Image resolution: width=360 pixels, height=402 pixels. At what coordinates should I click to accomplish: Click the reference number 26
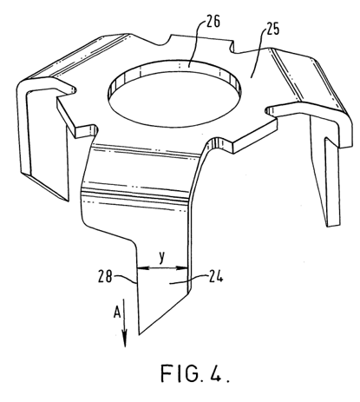click(213, 21)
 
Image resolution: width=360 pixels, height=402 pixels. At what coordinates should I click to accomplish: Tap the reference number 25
click(272, 29)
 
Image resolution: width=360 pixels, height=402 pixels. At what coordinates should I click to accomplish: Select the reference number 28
click(105, 276)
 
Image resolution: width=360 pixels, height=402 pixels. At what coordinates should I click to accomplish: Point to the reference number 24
click(216, 277)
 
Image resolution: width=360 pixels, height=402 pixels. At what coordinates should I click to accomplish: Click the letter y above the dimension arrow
click(162, 257)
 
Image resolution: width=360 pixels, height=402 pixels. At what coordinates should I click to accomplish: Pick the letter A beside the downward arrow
click(116, 313)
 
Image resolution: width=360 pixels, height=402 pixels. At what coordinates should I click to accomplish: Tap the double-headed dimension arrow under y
click(162, 268)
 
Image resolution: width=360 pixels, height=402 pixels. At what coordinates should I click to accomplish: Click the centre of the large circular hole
click(174, 94)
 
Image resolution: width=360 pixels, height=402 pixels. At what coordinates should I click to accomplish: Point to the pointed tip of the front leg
click(140, 334)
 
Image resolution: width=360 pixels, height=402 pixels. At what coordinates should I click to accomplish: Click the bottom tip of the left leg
click(69, 201)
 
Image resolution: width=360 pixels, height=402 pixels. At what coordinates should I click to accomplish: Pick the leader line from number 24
click(188, 280)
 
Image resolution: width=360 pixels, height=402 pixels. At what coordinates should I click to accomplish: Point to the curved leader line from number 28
click(124, 279)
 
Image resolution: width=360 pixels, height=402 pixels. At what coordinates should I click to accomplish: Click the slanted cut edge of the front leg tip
click(164, 314)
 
